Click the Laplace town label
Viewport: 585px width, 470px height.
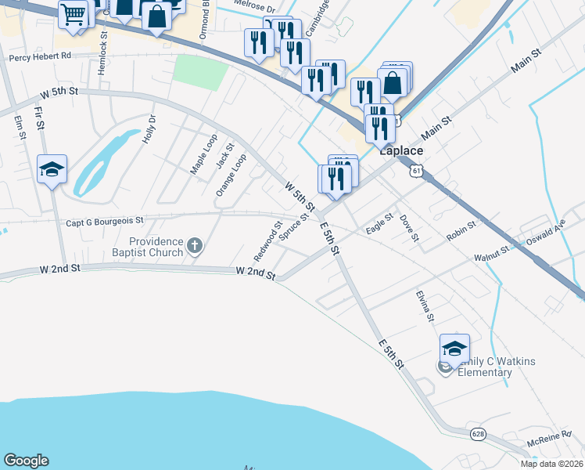(401, 151)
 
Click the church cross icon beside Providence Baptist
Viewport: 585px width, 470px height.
(195, 248)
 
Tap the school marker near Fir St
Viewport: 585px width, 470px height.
(52, 170)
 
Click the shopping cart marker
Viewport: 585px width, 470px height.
(74, 13)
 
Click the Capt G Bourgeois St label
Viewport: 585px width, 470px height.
(105, 222)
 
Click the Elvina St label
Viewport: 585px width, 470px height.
(425, 305)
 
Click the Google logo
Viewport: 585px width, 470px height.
(26, 461)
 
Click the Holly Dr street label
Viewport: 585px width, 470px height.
(149, 129)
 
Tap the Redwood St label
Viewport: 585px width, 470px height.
(267, 244)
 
